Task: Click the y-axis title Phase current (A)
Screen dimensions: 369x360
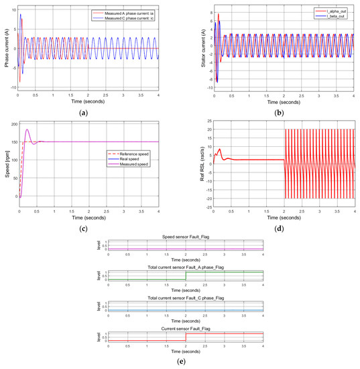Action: click(x=7, y=48)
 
